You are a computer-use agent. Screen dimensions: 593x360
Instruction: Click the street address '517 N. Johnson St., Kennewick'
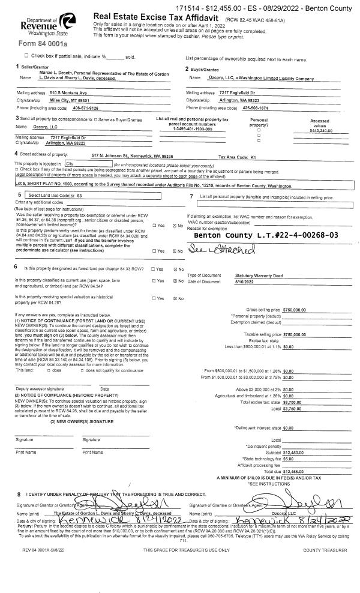[x=131, y=155]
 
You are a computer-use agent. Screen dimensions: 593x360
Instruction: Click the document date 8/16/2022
[x=245, y=281]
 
